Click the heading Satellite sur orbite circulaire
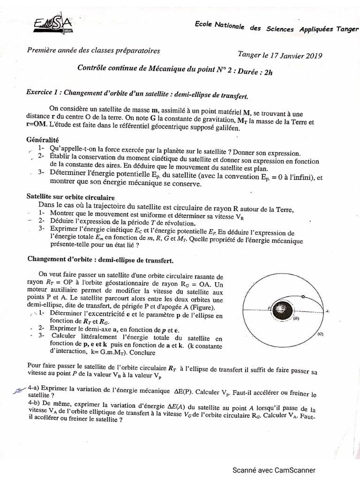click(70, 197)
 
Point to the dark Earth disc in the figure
click(283, 308)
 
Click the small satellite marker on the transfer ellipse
click(303, 297)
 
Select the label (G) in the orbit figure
click(320, 334)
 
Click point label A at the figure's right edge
click(327, 311)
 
